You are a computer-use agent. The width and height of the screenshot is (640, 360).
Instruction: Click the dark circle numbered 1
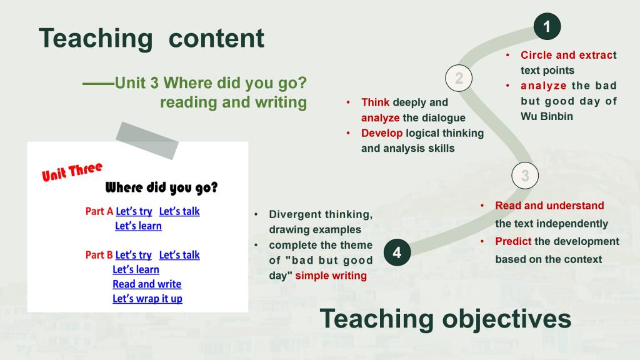click(547, 26)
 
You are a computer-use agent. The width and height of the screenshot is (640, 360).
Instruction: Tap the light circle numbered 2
click(459, 78)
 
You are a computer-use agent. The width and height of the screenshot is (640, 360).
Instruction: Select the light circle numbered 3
click(525, 176)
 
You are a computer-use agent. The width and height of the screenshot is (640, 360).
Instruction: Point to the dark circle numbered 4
click(397, 252)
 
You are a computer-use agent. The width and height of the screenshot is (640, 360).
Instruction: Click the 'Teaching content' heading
click(151, 38)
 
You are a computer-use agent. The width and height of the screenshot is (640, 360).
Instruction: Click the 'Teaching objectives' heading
click(445, 319)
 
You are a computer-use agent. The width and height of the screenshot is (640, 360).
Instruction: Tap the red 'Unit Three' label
click(72, 171)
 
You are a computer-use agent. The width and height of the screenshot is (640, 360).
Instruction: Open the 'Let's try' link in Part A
click(134, 211)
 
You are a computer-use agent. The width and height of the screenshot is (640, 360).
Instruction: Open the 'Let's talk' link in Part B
click(179, 255)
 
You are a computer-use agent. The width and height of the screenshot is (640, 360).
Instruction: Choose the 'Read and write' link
click(147, 284)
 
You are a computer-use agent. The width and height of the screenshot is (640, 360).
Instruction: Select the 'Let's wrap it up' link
click(147, 299)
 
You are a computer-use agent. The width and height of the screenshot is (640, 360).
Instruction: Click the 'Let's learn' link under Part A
click(138, 226)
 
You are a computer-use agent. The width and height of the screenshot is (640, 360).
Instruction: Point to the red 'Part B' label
click(99, 255)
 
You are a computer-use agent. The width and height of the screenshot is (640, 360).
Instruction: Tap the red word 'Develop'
click(382, 133)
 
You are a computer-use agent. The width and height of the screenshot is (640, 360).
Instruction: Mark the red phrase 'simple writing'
click(331, 276)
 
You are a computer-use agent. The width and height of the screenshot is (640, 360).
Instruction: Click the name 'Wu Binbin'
click(547, 116)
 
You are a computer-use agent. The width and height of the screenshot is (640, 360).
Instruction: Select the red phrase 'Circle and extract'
click(569, 55)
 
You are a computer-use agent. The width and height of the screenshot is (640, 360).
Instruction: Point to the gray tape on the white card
click(147, 141)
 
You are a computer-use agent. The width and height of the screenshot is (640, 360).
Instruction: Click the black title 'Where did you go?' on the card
click(161, 187)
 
